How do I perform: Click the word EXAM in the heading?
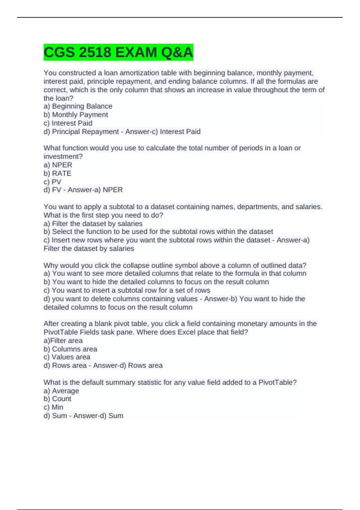[x=136, y=52]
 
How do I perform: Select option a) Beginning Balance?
[x=78, y=106]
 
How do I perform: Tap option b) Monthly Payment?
[x=76, y=115]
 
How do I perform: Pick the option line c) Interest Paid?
[x=68, y=123]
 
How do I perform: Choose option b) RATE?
[x=58, y=173]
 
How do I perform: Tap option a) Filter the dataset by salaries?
[x=93, y=223]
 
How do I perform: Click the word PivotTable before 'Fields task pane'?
[x=61, y=332]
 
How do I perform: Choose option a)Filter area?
[x=63, y=340]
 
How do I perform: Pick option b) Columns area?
[x=70, y=349]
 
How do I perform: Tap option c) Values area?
[x=67, y=357]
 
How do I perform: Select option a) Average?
[x=61, y=391]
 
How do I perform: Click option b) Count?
[x=58, y=399]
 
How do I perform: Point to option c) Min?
[x=54, y=407]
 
